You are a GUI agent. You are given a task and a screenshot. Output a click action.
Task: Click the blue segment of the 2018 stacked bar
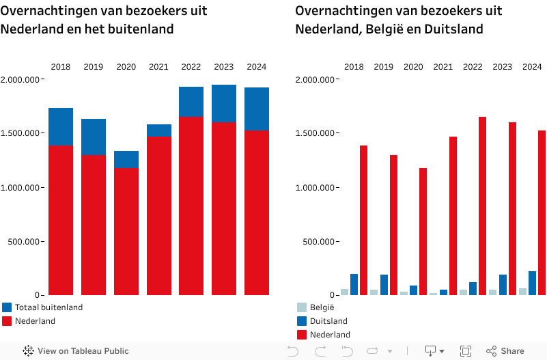[x=61, y=126]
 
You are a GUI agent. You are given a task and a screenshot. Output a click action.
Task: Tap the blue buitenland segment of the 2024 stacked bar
[x=257, y=109]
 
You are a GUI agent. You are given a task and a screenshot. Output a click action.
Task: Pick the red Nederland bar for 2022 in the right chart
[x=482, y=206]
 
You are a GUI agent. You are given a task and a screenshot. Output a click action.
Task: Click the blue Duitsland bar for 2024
[x=532, y=283]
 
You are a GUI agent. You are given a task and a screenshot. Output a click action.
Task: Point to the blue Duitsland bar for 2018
[x=354, y=284]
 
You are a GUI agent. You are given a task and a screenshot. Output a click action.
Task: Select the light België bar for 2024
[x=523, y=291]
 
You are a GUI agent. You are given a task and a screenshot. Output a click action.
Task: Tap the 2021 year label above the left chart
[x=158, y=67]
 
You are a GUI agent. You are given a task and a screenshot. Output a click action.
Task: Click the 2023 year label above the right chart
[x=502, y=67]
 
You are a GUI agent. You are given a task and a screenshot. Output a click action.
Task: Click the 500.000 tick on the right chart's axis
[x=318, y=241]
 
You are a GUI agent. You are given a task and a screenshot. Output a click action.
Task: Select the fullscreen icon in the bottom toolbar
[x=466, y=351]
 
